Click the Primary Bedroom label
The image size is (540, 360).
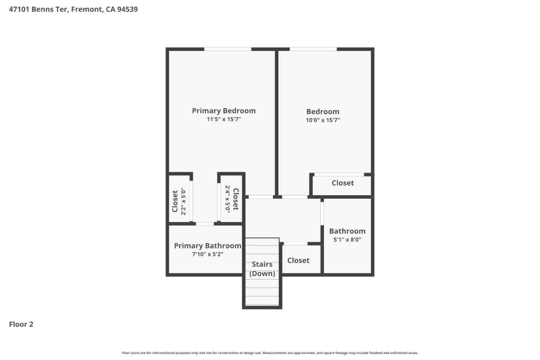[223, 111]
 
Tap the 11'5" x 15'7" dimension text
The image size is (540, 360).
[223, 119]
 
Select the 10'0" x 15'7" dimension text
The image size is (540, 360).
[322, 120]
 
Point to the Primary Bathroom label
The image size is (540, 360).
[207, 246]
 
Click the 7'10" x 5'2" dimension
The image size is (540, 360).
[207, 254]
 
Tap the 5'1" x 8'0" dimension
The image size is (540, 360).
[347, 240]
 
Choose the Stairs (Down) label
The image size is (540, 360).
[262, 268]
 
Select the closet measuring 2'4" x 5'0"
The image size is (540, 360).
[231, 199]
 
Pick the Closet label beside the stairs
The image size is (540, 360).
[298, 260]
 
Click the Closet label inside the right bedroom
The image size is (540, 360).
[343, 183]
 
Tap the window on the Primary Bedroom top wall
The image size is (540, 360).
[228, 49]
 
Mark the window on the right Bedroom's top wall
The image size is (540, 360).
[313, 49]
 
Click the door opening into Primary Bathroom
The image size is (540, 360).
[205, 224]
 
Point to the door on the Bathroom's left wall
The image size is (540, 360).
[322, 213]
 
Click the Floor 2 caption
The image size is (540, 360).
[21, 324]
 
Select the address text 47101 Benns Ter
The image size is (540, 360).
[38, 9]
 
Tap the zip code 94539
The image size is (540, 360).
[127, 9]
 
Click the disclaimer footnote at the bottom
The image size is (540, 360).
[270, 353]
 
